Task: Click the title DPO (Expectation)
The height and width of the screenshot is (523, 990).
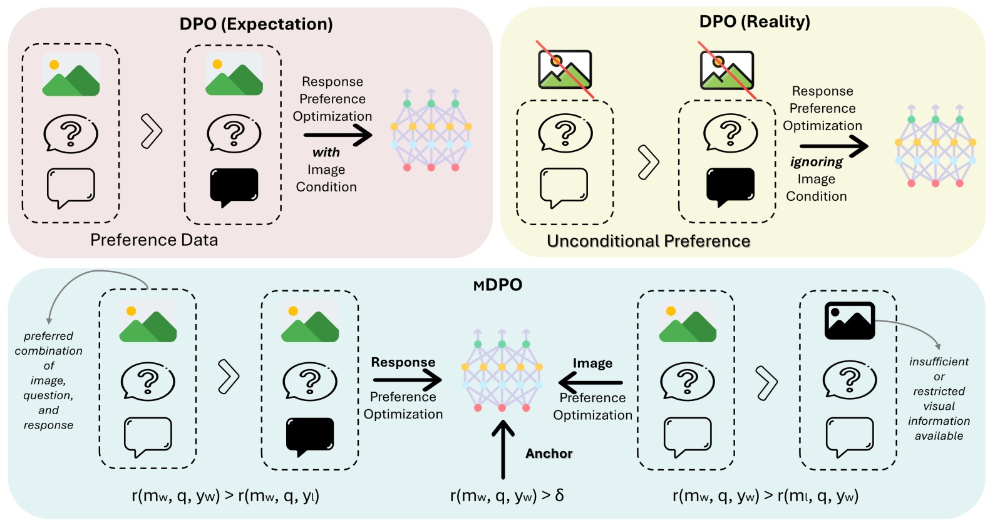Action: coord(256,24)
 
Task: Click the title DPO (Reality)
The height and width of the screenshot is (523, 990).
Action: coord(755,21)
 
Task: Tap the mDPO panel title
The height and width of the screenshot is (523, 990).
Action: coord(498,285)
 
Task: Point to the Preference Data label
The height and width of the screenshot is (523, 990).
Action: coord(154,240)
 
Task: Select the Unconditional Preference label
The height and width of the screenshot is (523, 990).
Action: coord(648,241)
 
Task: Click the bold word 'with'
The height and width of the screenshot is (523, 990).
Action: coord(326,153)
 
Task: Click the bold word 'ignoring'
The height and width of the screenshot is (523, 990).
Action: coord(816,162)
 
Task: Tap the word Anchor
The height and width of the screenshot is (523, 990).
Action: coord(549,454)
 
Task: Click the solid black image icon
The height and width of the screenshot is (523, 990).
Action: coord(849,320)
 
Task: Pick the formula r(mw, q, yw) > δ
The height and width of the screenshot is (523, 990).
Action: coord(507,495)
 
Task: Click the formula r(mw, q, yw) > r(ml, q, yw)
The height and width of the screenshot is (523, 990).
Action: coord(765,495)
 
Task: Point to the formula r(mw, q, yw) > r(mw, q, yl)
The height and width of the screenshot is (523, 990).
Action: coord(225,495)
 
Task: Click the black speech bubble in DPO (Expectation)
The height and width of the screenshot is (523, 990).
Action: coord(234,186)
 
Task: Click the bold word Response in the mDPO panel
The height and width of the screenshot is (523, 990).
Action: coord(403,362)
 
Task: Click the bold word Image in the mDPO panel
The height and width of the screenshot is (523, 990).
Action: coord(592,363)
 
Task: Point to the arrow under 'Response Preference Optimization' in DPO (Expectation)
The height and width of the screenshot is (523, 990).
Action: coord(338,135)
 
